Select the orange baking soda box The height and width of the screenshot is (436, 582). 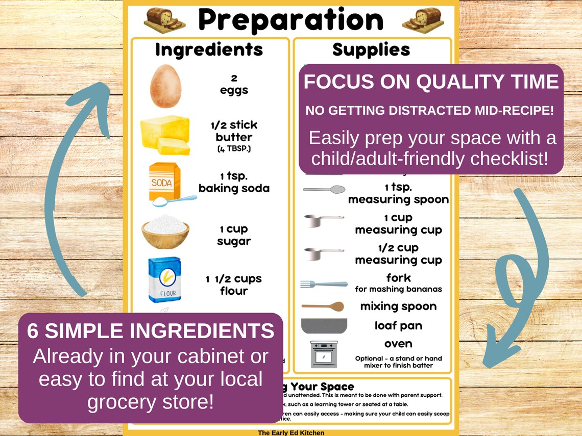click(x=164, y=183)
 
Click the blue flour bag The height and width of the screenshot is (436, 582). click(x=165, y=279)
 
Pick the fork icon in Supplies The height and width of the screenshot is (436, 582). click(x=324, y=284)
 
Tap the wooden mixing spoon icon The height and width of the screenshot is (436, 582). click(x=323, y=306)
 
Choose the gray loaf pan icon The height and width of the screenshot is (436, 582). click(x=324, y=325)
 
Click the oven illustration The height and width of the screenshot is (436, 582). click(x=324, y=354)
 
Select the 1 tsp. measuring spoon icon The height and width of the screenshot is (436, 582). click(x=324, y=190)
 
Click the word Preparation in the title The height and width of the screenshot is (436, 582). click(x=290, y=20)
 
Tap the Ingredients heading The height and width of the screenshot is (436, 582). click(x=209, y=50)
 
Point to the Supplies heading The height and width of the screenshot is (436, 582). click(x=371, y=50)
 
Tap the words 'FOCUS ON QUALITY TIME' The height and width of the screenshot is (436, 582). click(x=431, y=82)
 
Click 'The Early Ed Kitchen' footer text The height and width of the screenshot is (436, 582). click(x=290, y=432)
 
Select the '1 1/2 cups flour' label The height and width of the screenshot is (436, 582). click(x=234, y=285)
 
